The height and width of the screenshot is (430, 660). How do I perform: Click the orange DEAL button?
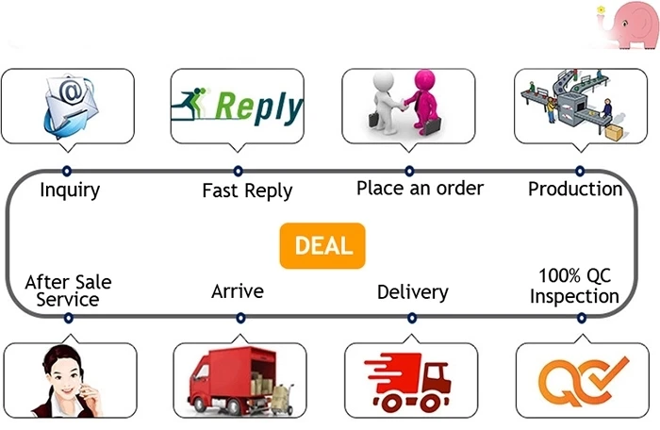coord(322,246)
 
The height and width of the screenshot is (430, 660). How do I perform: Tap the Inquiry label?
coord(70,190)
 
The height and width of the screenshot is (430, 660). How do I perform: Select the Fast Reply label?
coord(247,190)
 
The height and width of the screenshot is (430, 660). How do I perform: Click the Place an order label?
coord(420,188)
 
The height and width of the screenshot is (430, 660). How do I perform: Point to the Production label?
coord(575,189)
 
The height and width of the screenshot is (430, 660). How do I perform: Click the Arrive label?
coord(238,291)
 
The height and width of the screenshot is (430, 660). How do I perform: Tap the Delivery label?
coord(412,291)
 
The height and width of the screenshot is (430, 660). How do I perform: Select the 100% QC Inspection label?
coord(574,286)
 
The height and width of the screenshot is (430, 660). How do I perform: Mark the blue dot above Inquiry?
coord(66,171)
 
